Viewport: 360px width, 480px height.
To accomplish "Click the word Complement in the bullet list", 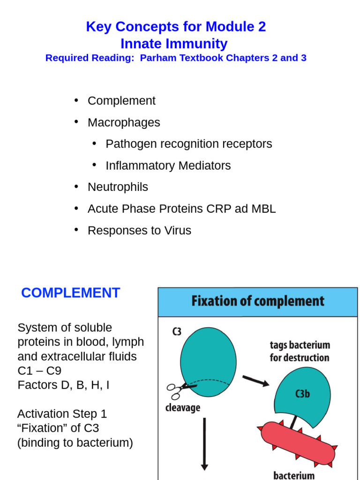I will pyautogui.click(x=121, y=101).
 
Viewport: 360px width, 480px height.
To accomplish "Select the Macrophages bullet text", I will pyautogui.click(x=124, y=122).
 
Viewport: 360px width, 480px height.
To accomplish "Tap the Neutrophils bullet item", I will pyautogui.click(x=118, y=187).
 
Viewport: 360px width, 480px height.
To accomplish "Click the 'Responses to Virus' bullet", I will pyautogui.click(x=139, y=231).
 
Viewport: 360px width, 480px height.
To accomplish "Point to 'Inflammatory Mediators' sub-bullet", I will pyautogui.click(x=168, y=165).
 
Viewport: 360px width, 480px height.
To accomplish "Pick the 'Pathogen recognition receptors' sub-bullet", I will pyautogui.click(x=188, y=144).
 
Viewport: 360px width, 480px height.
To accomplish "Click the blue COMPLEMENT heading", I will pyautogui.click(x=71, y=293).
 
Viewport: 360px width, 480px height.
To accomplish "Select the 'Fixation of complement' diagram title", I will pyautogui.click(x=257, y=301).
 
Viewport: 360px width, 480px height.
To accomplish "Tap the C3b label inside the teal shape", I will pyautogui.click(x=302, y=394).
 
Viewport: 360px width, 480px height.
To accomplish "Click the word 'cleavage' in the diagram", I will pyautogui.click(x=183, y=408).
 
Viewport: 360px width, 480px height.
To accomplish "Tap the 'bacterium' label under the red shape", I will pyautogui.click(x=294, y=475).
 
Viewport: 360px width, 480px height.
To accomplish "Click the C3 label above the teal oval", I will pyautogui.click(x=177, y=332).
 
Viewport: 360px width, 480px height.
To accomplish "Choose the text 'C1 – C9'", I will pyautogui.click(x=39, y=371).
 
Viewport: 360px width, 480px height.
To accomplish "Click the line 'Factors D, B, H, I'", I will pyautogui.click(x=64, y=385).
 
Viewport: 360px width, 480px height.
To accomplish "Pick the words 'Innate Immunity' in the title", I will pyautogui.click(x=174, y=44).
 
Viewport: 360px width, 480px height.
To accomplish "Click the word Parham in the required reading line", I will pyautogui.click(x=158, y=58).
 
